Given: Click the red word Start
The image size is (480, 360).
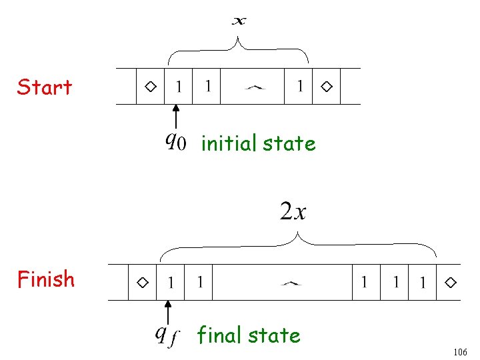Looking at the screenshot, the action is click(45, 87).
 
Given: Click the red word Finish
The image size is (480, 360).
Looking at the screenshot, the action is click(46, 279).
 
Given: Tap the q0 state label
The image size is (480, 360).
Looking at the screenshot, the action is click(176, 141).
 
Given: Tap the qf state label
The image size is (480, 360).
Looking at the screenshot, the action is click(167, 336).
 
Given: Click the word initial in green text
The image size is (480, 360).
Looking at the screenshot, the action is click(229, 143).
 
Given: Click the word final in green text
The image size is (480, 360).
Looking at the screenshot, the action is click(219, 334).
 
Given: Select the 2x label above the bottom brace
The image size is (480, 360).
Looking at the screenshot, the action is click(293, 211).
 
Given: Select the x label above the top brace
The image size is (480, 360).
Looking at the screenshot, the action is click(239, 21).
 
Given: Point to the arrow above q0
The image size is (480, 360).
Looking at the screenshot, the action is click(176, 117).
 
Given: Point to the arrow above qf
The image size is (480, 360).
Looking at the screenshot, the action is click(168, 312).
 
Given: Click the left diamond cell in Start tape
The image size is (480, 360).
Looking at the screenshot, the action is click(150, 86).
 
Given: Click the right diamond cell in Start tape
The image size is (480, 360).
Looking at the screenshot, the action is click(326, 86).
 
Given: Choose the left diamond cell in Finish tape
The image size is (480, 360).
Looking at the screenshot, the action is click(143, 282).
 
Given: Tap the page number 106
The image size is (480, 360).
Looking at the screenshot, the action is click(460, 352).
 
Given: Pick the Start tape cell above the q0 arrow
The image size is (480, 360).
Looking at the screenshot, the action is click(179, 86).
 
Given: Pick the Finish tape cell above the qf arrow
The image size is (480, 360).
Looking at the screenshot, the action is click(171, 282).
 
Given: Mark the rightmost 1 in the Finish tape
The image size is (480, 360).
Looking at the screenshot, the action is click(423, 282).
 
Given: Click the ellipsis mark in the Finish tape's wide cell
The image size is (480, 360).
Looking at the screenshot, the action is click(291, 284).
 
